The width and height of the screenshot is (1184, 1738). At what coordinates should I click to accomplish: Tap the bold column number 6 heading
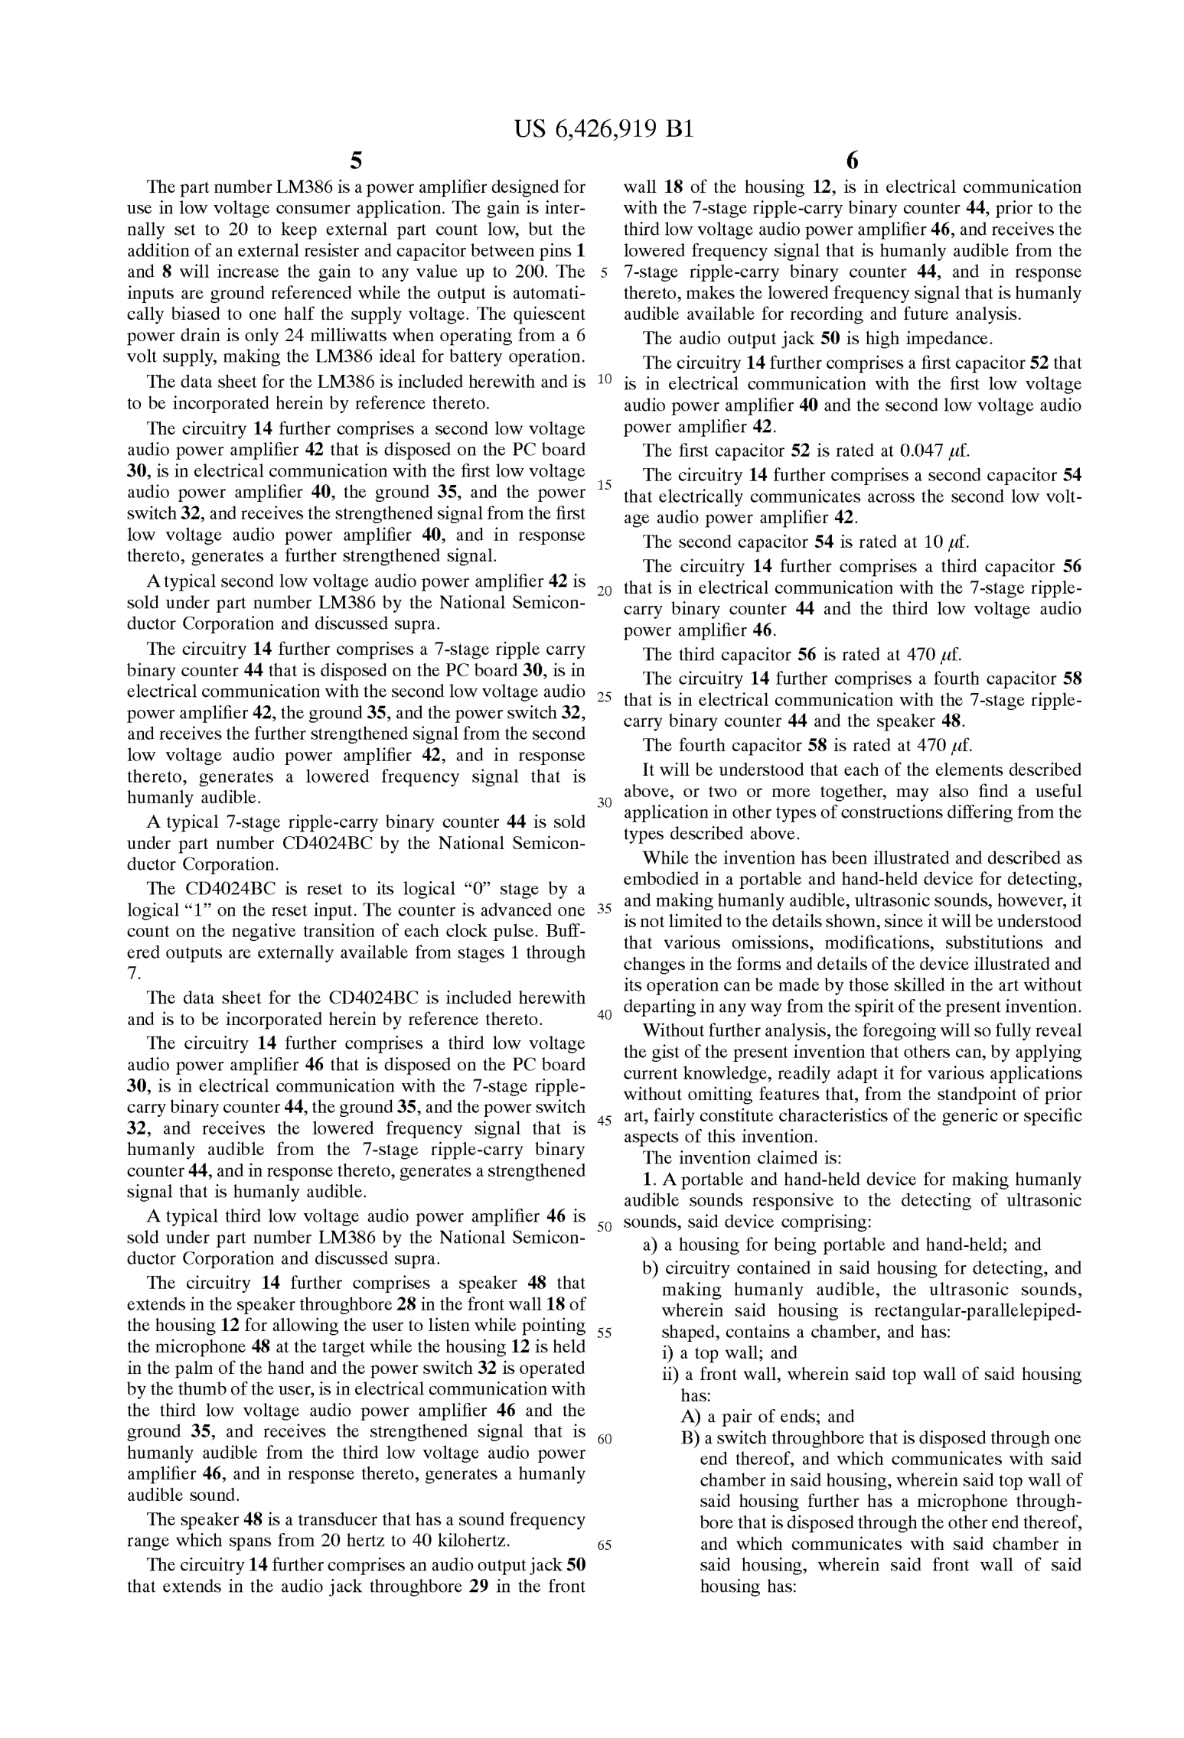pos(853,161)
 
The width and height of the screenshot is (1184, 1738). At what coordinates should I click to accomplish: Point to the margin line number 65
pos(604,1544)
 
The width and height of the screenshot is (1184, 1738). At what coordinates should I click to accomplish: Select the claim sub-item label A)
pos(691,1416)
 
